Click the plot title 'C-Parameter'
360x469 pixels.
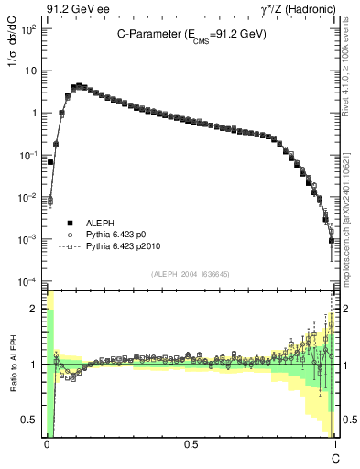pos(147,33)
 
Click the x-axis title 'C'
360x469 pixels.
pos(335,457)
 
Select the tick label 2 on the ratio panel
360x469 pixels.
pos(36,309)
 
